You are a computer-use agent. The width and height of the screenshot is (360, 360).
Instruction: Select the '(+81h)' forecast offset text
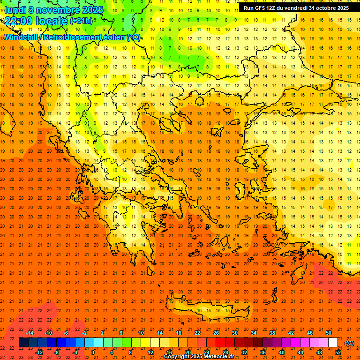[81, 21]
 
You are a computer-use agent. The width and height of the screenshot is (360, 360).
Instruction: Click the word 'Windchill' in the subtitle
[22, 37]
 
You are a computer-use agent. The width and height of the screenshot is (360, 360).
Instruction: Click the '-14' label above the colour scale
[30, 333]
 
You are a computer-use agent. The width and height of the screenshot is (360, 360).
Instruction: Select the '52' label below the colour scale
[338, 352]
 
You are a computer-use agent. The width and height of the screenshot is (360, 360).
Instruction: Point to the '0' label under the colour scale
[93, 352]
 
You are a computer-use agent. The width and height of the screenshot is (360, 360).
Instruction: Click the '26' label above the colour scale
[216, 333]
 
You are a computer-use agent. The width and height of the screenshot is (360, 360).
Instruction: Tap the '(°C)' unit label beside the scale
[349, 343]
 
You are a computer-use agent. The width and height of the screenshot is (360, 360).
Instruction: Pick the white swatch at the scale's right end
[333, 343]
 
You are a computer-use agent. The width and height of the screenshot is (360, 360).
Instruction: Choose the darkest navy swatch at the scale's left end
[23, 343]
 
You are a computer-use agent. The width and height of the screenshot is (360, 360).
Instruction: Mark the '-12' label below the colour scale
[39, 352]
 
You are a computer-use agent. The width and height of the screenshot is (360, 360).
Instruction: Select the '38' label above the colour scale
[272, 333]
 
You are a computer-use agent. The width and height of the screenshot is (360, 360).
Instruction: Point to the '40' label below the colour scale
[282, 352]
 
